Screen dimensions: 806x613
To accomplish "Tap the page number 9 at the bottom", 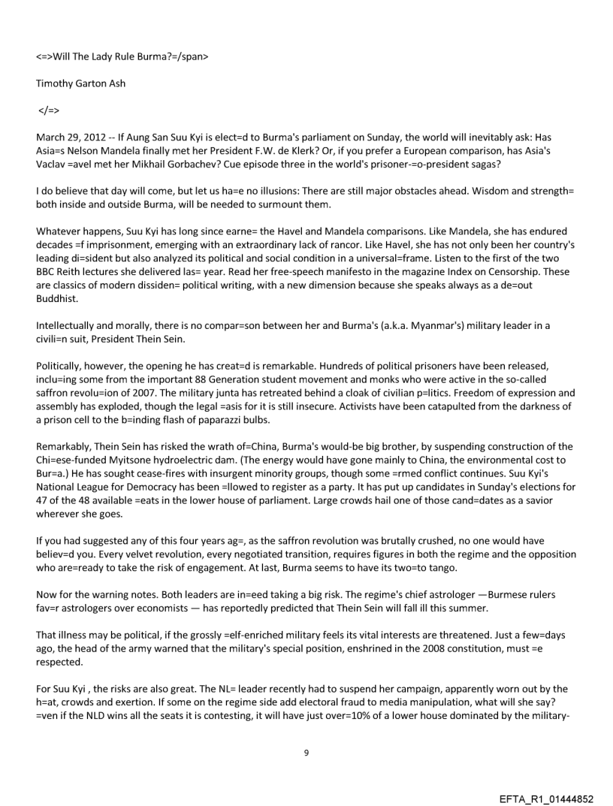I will point(306,752).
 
